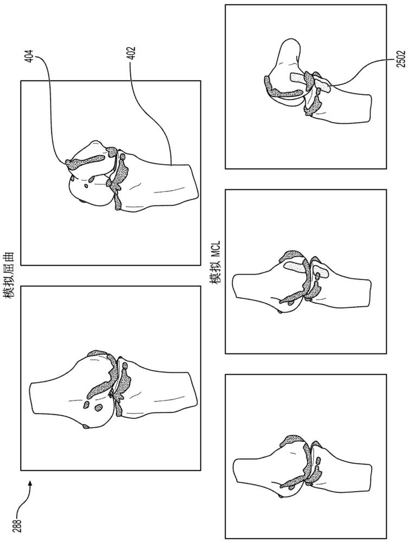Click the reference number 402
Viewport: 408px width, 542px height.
click(x=132, y=53)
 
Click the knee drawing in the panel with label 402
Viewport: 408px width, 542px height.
click(x=131, y=176)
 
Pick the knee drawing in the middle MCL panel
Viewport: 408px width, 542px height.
click(x=303, y=280)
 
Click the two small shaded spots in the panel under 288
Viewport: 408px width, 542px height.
click(x=92, y=406)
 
